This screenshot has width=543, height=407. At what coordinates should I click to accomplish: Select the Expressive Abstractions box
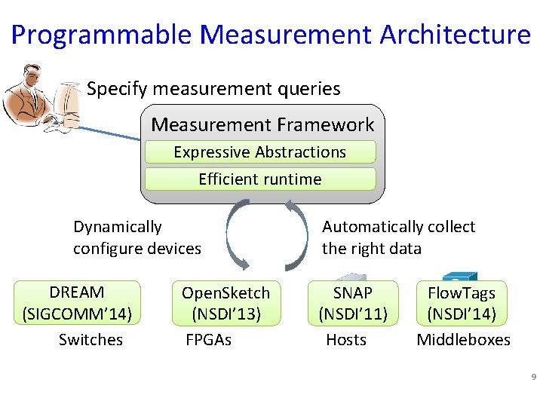pyautogui.click(x=259, y=152)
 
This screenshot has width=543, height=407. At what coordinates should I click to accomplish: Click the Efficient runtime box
pyautogui.click(x=259, y=179)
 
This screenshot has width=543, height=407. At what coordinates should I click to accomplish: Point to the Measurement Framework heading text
pyautogui.click(x=262, y=124)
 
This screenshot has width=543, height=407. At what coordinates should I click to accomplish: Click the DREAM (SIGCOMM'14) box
pyautogui.click(x=78, y=303)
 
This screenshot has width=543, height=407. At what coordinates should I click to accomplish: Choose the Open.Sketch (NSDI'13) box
pyautogui.click(x=225, y=303)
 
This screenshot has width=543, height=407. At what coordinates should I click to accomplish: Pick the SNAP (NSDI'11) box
pyautogui.click(x=353, y=303)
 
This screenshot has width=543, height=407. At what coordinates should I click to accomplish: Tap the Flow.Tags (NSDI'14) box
pyautogui.click(x=462, y=303)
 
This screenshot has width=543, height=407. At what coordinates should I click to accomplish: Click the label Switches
pyautogui.click(x=90, y=340)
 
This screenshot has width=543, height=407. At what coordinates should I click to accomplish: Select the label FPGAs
pyautogui.click(x=208, y=340)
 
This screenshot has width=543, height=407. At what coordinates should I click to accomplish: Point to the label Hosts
pyautogui.click(x=346, y=340)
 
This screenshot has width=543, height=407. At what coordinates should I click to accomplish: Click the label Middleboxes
pyautogui.click(x=464, y=340)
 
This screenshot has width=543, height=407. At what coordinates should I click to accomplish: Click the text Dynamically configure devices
pyautogui.click(x=137, y=237)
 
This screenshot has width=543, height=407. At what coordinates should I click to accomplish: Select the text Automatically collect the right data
pyautogui.click(x=398, y=237)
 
